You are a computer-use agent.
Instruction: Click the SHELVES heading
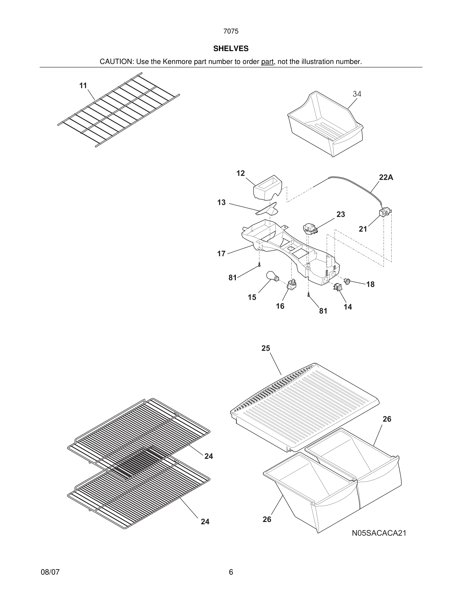coord(231,49)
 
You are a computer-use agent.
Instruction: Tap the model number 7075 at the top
coord(231,31)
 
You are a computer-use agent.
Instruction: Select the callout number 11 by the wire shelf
coord(83,86)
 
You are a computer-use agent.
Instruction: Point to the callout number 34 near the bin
coord(357,94)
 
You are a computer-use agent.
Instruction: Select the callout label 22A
coord(386,177)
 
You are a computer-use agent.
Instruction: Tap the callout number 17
coord(221,253)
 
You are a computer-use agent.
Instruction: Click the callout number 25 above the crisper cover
coord(265,348)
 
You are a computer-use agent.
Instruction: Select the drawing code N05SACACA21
coord(379,533)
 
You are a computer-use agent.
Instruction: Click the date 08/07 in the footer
coord(50,572)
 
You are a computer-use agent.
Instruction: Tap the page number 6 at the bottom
coord(231,572)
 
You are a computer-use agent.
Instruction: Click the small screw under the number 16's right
coord(309,295)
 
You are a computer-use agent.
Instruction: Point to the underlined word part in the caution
coord(267,62)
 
